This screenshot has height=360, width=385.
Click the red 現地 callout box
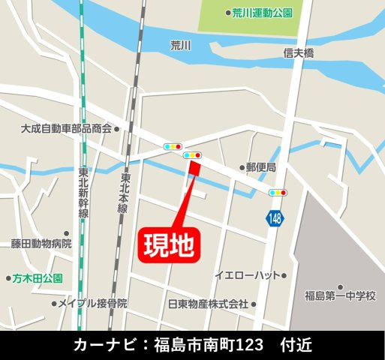170,244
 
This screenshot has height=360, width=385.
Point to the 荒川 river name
181,45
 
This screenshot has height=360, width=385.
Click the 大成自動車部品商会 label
65,128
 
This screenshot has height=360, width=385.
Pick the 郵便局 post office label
262,167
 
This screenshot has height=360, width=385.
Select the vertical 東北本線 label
122,193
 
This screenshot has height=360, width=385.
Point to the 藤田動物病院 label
41,244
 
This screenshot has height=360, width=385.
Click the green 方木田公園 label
38,277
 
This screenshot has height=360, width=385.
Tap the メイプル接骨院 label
92,304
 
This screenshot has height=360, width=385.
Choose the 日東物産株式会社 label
208,304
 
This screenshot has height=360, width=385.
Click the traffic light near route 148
278,193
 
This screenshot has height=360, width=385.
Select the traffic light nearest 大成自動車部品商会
173,146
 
